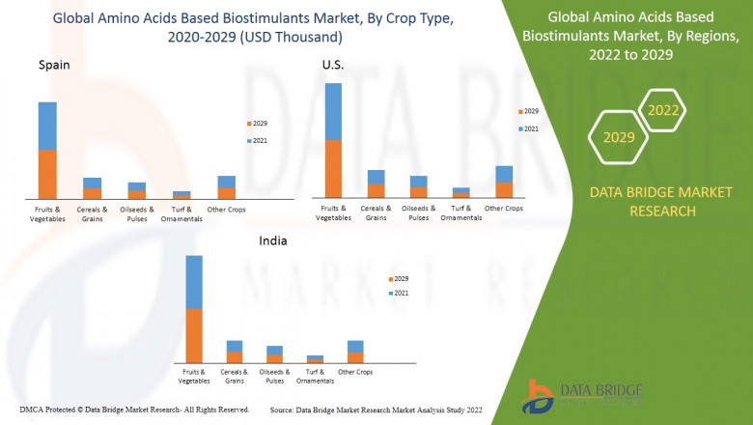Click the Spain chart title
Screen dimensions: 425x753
point(54,65)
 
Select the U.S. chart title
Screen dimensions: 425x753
point(333,64)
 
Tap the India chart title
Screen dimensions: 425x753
point(272,241)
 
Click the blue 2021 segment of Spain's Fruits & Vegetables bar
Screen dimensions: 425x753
point(47,126)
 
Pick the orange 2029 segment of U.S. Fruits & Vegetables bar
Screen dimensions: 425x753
point(333,168)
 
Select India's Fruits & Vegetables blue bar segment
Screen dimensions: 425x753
point(194,282)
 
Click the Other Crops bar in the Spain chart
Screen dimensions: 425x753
point(227,186)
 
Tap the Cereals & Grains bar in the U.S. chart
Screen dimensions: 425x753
point(376,184)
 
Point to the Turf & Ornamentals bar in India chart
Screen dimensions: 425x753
point(315,358)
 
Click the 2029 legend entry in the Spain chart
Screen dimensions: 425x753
point(256,124)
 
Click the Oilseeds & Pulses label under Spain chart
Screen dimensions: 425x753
point(137,213)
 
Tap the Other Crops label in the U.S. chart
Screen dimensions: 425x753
point(504,209)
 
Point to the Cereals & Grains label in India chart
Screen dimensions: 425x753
point(234,376)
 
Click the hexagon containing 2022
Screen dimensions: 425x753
point(663,111)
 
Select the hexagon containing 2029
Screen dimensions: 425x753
point(619,138)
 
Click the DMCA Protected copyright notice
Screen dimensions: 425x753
point(134,410)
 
